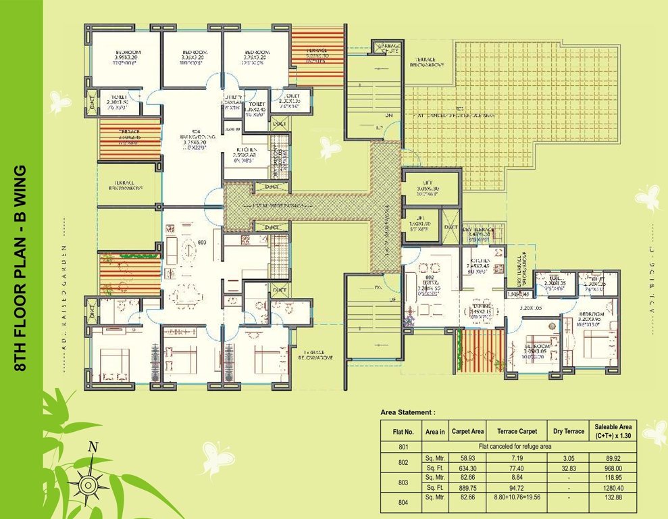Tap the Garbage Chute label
click(386, 48)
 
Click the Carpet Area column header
click(467, 430)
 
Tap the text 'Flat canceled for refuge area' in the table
click(516, 446)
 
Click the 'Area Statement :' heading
click(408, 412)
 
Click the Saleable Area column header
click(613, 430)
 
